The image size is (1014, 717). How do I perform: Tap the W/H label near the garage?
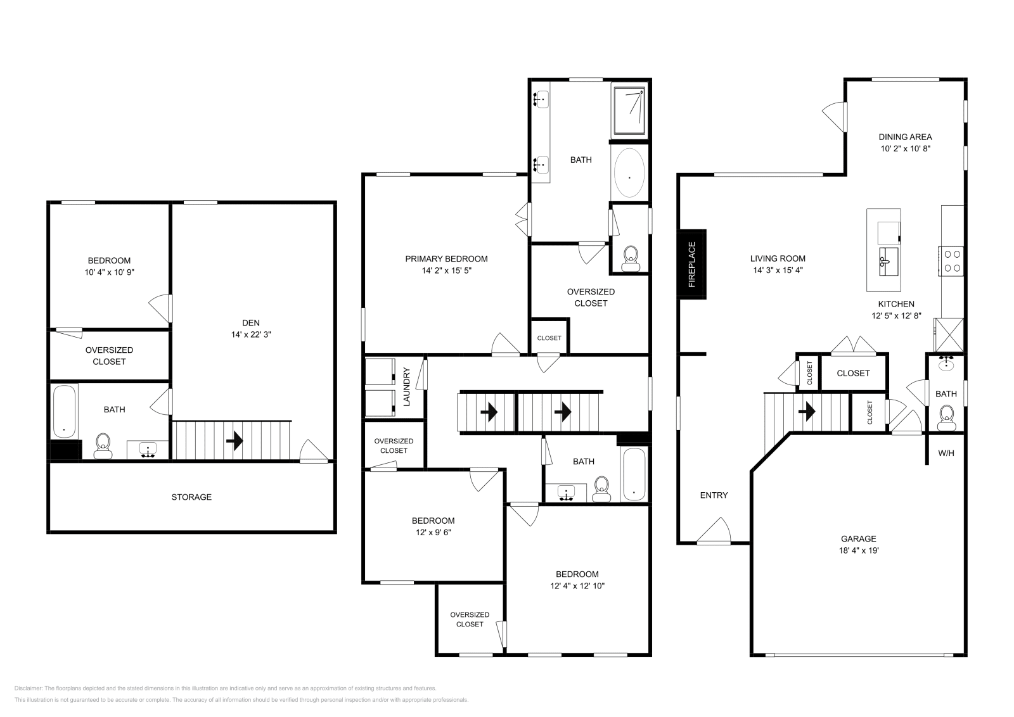[x=946, y=454]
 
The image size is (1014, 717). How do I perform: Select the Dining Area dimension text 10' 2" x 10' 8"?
[x=905, y=149]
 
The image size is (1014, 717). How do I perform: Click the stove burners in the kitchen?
[x=951, y=260]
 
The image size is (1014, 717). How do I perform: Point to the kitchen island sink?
[x=889, y=262]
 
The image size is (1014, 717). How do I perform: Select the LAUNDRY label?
[x=407, y=387]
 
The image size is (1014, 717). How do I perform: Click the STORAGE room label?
[x=191, y=497]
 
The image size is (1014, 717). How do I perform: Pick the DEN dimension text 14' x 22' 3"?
[x=251, y=334]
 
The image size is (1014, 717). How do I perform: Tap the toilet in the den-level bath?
[x=102, y=446]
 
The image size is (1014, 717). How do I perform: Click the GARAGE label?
[x=859, y=538]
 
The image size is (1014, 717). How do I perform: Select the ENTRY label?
[x=714, y=495]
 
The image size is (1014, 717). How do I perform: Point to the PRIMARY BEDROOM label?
[x=446, y=258]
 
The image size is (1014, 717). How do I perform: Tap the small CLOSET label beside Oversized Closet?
[x=549, y=338]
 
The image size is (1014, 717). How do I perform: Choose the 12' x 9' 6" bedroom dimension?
[x=433, y=533]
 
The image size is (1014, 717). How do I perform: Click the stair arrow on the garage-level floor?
[x=806, y=412]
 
